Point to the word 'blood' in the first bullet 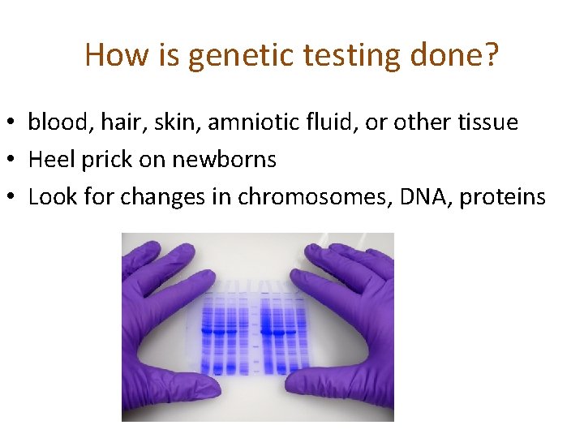(58, 122)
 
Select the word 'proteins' (503, 197)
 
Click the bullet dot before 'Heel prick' (13, 161)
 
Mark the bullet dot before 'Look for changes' (13, 198)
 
